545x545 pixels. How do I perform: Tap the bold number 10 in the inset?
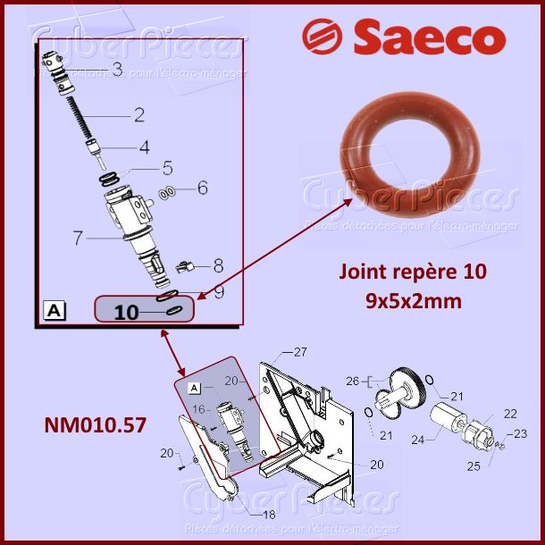click(127, 312)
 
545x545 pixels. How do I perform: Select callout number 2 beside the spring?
click(138, 114)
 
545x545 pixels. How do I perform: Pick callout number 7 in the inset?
click(78, 238)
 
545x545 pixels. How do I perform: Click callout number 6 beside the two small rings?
click(202, 189)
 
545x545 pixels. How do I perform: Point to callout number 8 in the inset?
click(217, 264)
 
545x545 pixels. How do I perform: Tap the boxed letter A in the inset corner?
click(53, 310)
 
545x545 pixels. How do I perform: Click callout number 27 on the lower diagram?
click(300, 351)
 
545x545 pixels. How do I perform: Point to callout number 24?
click(417, 439)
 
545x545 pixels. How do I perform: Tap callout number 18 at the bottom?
click(268, 516)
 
